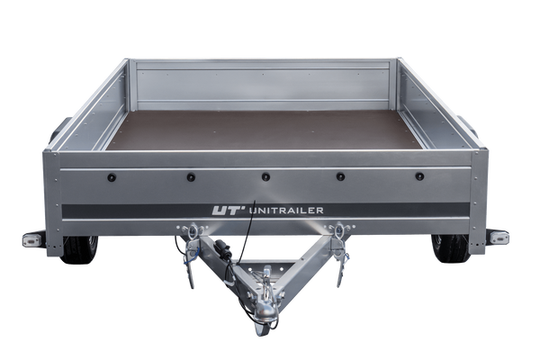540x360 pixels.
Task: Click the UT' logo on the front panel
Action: pos(226,210)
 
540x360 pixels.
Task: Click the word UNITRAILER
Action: pos(286,210)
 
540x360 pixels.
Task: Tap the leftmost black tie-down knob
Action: pos(112,178)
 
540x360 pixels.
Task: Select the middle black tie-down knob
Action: pos(265,177)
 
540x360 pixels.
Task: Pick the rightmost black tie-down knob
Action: pos(419,176)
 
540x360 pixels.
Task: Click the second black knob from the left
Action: pos(191,177)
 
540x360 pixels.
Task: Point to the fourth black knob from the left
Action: pos(340,176)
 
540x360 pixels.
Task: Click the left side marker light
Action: pos(32,239)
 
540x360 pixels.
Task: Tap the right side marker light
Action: pos(499,238)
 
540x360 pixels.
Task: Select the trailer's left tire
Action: pos(80,249)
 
